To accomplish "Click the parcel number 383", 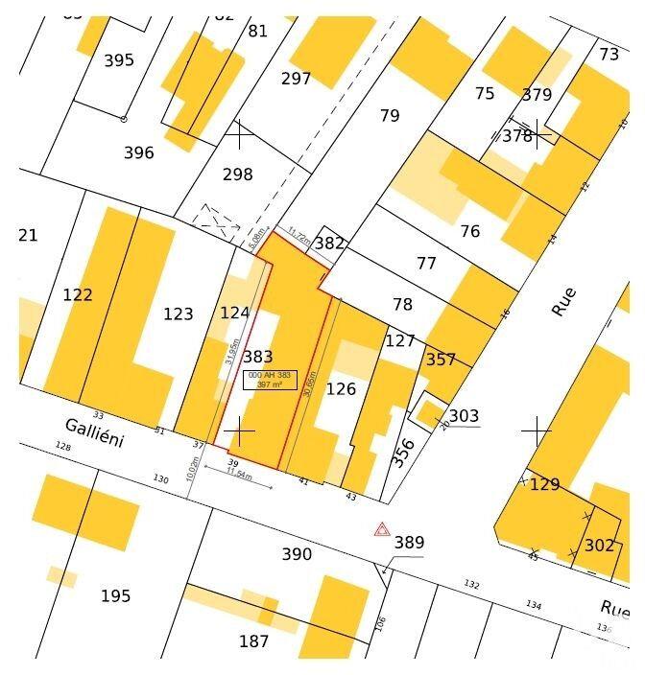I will tap(258, 357).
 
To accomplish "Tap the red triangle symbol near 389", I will tap(382, 529).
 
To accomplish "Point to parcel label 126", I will tap(341, 388).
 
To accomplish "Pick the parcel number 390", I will tap(297, 554).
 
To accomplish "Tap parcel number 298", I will tap(237, 175).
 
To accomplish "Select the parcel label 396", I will tap(138, 152).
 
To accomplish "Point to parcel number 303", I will tap(464, 415).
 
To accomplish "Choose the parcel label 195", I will tap(115, 596).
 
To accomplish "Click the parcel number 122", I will tap(78, 294).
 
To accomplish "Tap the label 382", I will tap(329, 244).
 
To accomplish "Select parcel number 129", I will tap(544, 484).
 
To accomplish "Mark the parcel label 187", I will tap(253, 641).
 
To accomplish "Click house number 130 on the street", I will tap(160, 478).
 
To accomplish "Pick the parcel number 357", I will tap(441, 360).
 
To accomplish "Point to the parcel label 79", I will tap(389, 116).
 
